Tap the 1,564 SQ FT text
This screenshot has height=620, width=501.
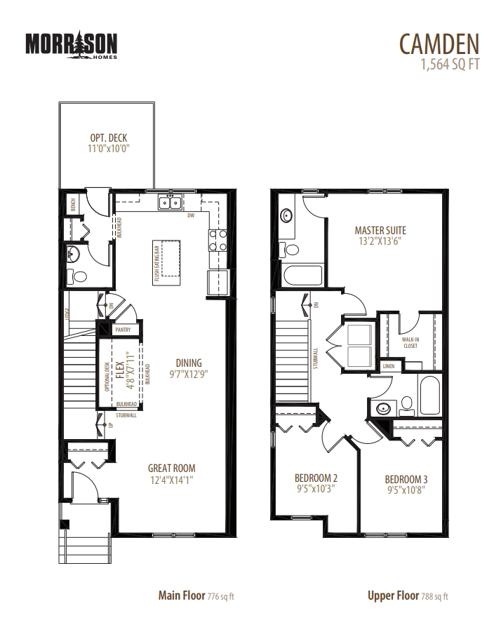tap(449, 65)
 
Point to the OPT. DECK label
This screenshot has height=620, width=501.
tap(109, 138)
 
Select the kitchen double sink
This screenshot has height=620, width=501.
tap(170, 203)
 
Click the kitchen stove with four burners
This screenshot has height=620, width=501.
tap(218, 241)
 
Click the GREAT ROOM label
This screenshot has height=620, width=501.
tap(171, 469)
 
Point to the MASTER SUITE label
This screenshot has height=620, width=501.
tap(380, 230)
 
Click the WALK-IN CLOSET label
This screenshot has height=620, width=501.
tap(410, 342)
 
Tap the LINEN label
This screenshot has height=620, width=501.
tap(389, 366)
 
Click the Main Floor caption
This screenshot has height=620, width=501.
tap(182, 596)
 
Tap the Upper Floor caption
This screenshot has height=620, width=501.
tap(394, 596)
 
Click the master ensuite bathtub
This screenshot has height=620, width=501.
tap(302, 276)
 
